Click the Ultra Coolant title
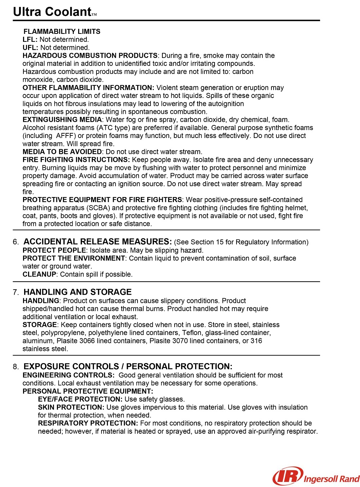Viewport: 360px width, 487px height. [52, 12]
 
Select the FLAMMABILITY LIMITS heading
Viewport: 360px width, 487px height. [62, 31]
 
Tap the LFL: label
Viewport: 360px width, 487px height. [30, 40]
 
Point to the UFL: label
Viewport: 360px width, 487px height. [30, 48]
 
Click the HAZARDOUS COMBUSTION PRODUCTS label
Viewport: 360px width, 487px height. [90, 55]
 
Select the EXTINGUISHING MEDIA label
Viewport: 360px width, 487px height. [62, 120]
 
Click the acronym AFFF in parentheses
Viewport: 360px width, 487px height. [66, 136]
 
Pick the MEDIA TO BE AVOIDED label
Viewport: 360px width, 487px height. [62, 152]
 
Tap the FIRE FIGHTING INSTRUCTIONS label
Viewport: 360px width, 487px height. [76, 160]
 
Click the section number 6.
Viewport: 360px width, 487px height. [15, 242]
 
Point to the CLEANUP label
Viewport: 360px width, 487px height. [39, 274]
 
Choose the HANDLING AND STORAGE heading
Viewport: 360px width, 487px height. [77, 292]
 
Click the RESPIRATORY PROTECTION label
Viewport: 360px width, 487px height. [88, 423]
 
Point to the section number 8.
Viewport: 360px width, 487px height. [15, 367]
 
